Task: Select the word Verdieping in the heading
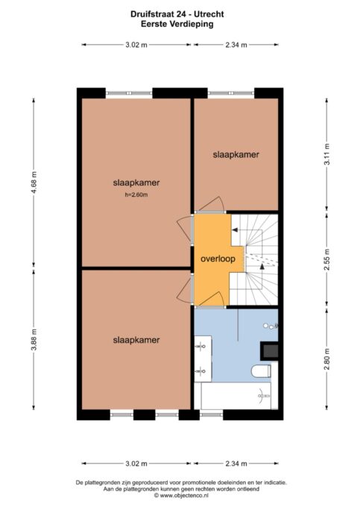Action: click(194, 24)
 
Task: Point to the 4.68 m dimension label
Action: click(34, 182)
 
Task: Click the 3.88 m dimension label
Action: click(34, 340)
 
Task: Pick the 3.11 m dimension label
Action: click(327, 154)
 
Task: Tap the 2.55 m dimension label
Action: click(327, 259)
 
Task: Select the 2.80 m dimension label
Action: click(327, 359)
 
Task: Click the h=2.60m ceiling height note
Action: click(136, 195)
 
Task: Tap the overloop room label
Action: click(218, 259)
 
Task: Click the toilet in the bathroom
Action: click(262, 370)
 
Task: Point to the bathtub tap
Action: click(264, 396)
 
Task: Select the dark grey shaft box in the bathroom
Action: click(269, 351)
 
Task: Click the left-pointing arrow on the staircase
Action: click(235, 230)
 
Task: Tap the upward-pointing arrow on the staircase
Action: click(262, 267)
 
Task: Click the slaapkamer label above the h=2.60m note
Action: click(136, 183)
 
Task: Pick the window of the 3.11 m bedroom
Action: click(231, 93)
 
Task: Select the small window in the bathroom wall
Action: click(211, 414)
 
